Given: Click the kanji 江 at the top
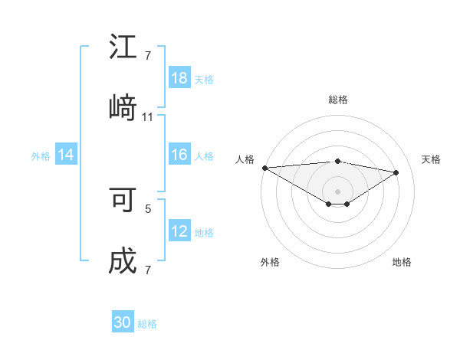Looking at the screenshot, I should pos(123,47).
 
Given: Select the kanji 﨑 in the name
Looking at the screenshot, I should pos(123,108).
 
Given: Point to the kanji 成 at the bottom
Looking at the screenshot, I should pos(123,261).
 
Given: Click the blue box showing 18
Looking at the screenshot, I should pos(179,78).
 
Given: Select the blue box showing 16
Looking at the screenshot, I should pos(179,155).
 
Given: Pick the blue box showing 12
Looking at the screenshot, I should pos(179,232).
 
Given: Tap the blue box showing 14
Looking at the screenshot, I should pos(66,155).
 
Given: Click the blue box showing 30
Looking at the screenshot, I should pos(123,322).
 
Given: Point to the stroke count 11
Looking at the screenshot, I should pos(148,117).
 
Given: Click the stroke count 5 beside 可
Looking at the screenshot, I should pos(148,208).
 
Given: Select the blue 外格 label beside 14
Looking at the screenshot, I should pos(41,156).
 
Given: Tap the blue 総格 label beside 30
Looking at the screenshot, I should pos(147,324).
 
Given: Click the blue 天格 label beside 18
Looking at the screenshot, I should pos(204,80).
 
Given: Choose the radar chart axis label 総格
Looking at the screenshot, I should pos(337,100).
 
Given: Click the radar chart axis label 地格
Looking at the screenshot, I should pos(402,262).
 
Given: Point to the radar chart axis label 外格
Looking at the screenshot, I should pos(270,262).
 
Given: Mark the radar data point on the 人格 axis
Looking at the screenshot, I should pos(264,168).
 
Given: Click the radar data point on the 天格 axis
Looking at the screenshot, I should pos(396,172).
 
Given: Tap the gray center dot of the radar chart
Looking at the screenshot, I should pos(337,191).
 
